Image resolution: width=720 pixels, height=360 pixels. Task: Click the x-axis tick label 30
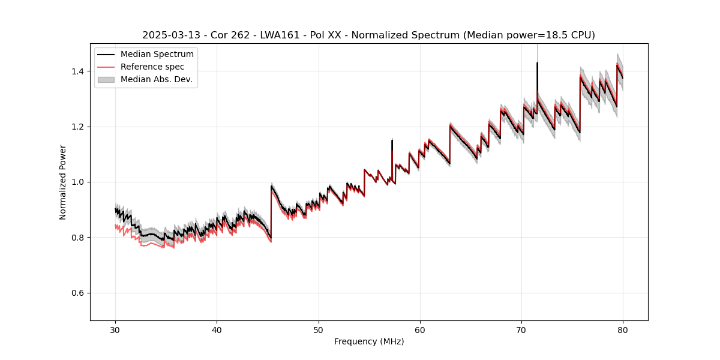tap(116, 330)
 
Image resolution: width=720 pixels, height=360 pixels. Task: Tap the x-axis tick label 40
tap(217, 330)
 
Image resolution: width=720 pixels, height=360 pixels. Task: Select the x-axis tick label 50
tap(319, 330)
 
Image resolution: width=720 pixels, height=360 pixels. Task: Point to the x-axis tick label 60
tap(420, 330)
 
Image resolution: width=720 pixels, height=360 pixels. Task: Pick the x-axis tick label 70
tap(521, 330)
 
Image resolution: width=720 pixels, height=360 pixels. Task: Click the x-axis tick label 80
tap(623, 330)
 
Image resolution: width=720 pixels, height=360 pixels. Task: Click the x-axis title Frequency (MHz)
tap(369, 341)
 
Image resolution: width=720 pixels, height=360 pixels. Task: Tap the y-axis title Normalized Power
tap(63, 182)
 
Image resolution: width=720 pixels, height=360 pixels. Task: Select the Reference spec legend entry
tap(152, 67)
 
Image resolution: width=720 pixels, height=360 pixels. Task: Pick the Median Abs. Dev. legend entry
tap(157, 79)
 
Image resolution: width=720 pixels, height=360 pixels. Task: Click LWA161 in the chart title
tap(280, 35)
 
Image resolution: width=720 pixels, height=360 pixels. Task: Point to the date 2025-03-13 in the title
tap(169, 35)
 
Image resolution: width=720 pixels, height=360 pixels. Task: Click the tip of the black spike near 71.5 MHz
tap(537, 62)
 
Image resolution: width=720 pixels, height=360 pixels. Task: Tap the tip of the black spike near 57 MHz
tap(392, 140)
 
